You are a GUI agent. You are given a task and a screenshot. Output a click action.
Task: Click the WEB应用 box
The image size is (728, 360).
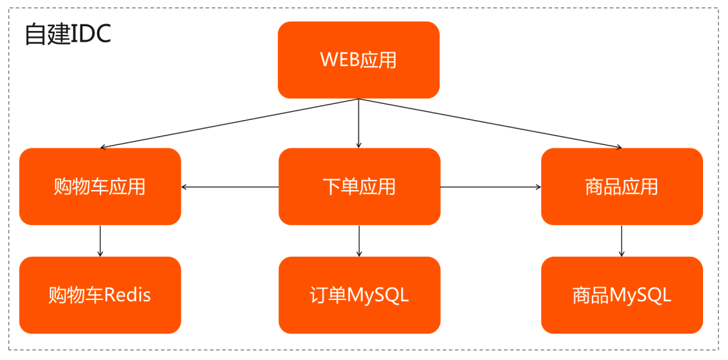(x=359, y=60)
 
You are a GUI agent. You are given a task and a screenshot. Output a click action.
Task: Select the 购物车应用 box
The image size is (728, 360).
(x=100, y=187)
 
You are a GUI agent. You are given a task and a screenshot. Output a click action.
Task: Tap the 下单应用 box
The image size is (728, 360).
(x=359, y=187)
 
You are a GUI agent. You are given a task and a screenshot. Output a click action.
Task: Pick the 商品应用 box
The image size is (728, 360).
(x=621, y=187)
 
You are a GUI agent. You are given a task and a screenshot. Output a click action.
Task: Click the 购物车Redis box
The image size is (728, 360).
(x=100, y=295)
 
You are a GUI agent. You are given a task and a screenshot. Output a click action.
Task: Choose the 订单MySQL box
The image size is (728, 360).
(x=359, y=295)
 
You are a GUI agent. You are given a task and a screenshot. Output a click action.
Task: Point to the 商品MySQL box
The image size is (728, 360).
(x=621, y=295)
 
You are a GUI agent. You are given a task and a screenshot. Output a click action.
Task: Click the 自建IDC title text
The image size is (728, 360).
(x=68, y=35)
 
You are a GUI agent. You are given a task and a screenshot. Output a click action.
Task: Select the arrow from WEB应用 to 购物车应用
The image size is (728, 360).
(x=229, y=123)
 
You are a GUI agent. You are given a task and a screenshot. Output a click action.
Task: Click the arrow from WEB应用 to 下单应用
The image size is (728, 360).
(x=359, y=123)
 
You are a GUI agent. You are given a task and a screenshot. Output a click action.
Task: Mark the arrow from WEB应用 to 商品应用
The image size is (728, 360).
(x=490, y=123)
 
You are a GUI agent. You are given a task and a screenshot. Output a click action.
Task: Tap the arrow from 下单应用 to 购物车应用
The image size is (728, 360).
(x=230, y=187)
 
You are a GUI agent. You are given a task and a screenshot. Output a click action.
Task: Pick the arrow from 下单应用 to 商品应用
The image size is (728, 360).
(x=491, y=187)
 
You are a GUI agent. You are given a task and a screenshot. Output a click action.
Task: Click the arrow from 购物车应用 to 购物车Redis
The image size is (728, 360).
(x=100, y=241)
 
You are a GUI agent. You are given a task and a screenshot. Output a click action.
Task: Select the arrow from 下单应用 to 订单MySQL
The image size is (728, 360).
(x=359, y=241)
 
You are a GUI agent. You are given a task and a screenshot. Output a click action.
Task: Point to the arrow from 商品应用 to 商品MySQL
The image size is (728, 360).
(x=621, y=241)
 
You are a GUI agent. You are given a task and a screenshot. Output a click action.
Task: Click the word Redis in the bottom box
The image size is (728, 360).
(x=127, y=295)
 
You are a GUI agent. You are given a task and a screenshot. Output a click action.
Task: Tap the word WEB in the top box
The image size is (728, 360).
(x=340, y=60)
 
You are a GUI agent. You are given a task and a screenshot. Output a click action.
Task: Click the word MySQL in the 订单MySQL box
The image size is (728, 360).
(x=378, y=295)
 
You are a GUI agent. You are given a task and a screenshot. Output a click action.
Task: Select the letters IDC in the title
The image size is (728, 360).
(x=91, y=35)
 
